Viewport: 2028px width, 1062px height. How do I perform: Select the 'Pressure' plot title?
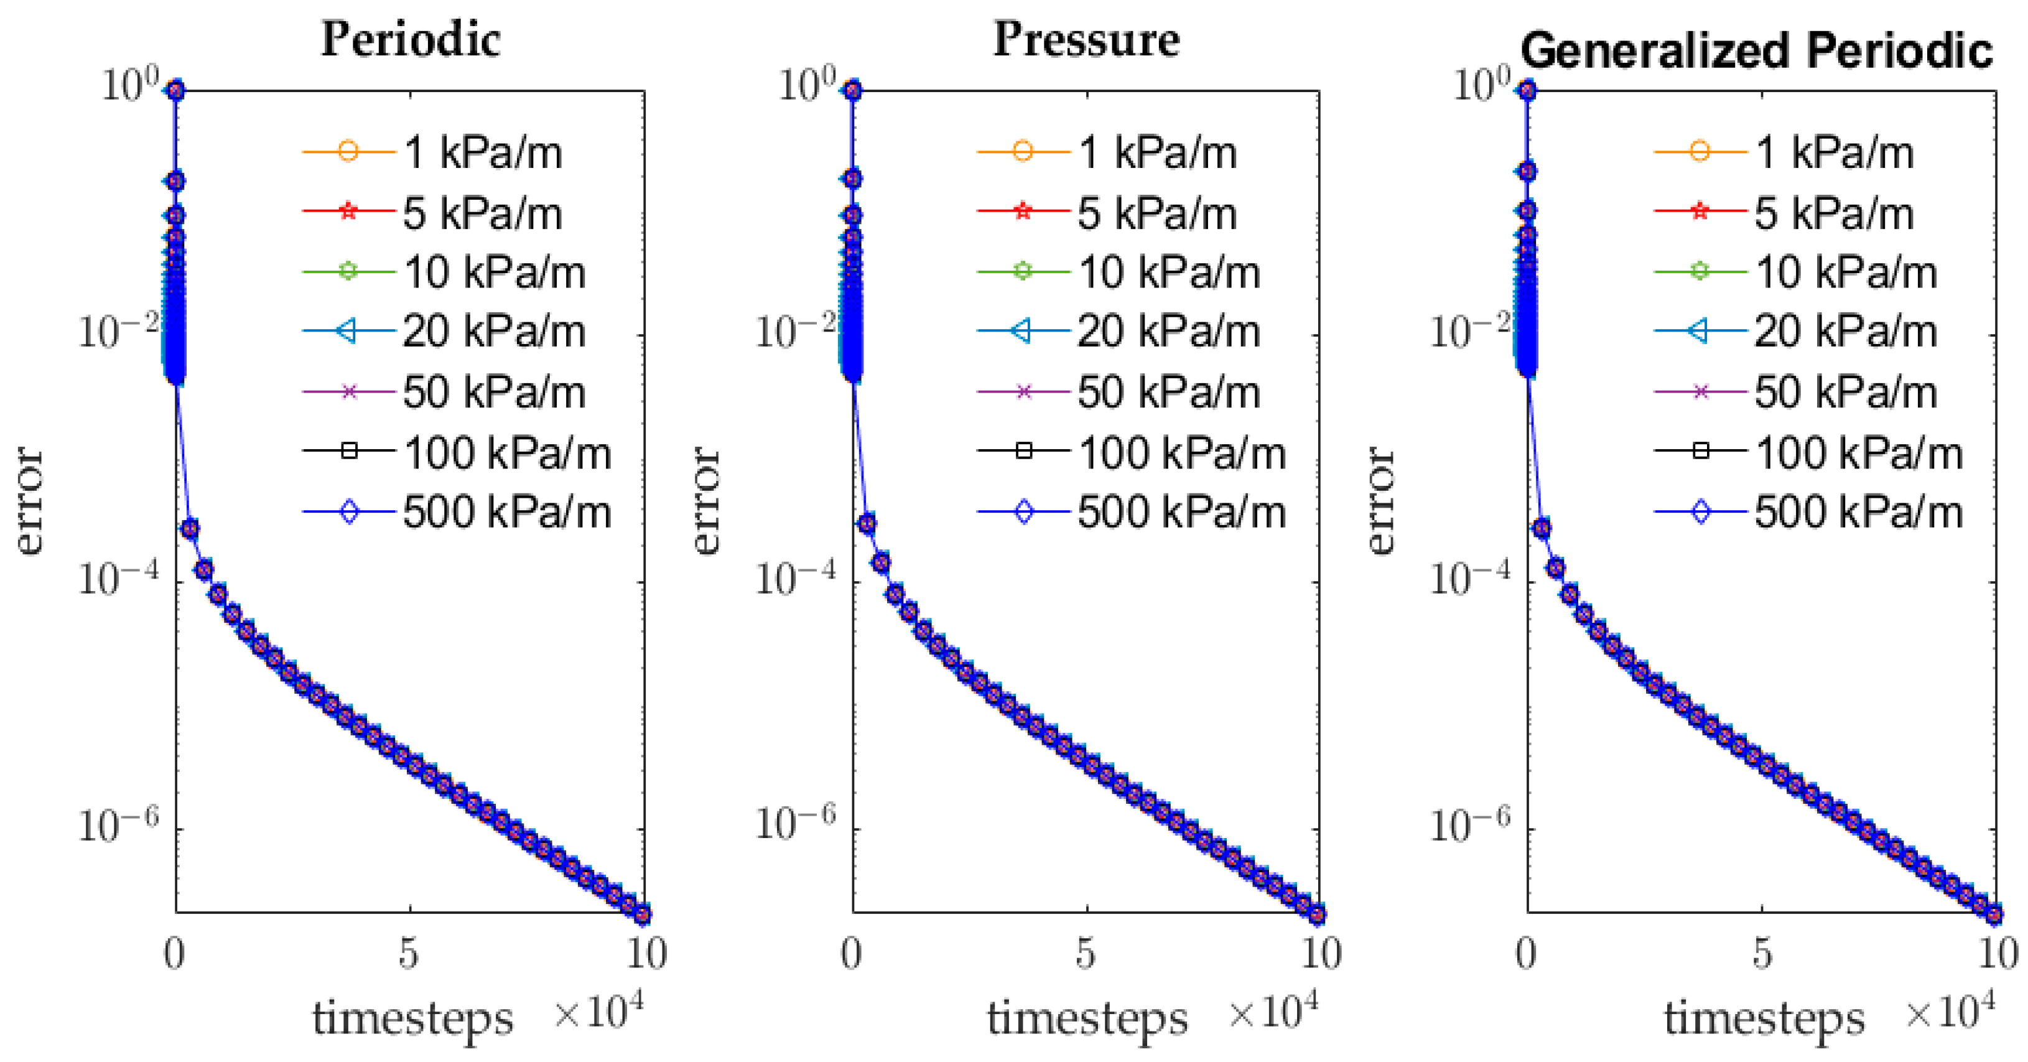pyautogui.click(x=1086, y=39)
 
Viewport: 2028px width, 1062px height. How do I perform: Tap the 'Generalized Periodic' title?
pyautogui.click(x=1756, y=51)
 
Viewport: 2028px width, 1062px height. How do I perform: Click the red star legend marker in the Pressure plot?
pyautogui.click(x=1023, y=211)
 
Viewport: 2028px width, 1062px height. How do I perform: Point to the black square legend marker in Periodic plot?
pyautogui.click(x=350, y=451)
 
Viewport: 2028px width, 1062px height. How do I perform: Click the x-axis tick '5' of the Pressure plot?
pyautogui.click(x=1085, y=954)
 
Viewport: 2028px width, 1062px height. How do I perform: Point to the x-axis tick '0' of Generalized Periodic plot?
pyautogui.click(x=1526, y=954)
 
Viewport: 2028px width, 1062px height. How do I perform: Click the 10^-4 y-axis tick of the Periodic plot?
pyautogui.click(x=118, y=579)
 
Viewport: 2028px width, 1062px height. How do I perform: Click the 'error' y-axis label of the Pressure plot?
pyautogui.click(x=707, y=501)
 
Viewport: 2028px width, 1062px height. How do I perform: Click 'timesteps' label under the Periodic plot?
pyautogui.click(x=412, y=1018)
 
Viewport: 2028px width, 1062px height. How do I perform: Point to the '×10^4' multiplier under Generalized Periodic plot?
pyautogui.click(x=1949, y=1012)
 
